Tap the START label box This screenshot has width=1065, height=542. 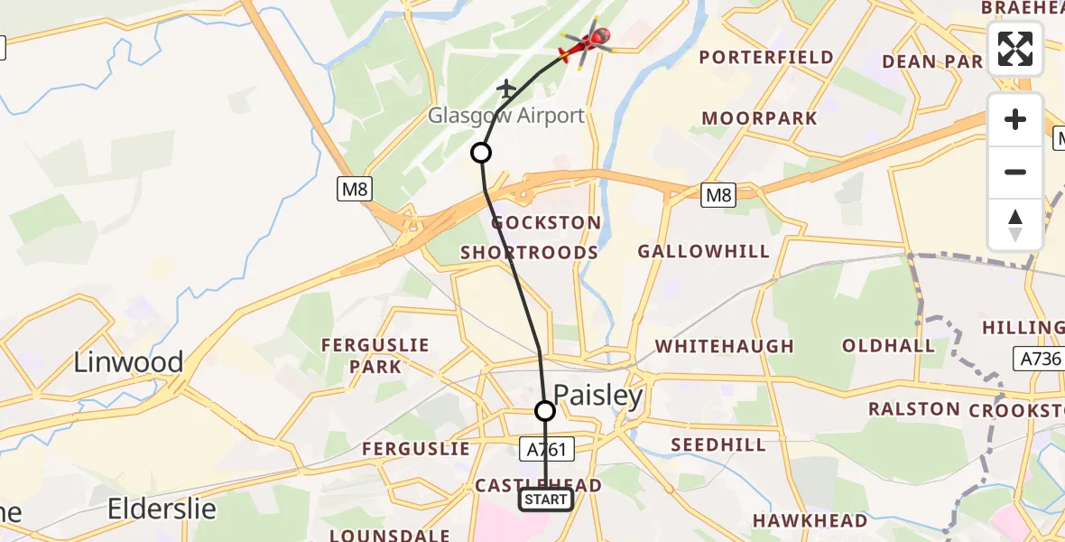(x=545, y=500)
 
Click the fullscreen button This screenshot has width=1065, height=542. (x=1015, y=49)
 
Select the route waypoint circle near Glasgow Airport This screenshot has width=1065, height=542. (x=481, y=153)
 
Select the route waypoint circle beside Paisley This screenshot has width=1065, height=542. (x=545, y=411)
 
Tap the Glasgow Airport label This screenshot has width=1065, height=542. (x=506, y=116)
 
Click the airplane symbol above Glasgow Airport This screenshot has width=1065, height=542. (x=506, y=89)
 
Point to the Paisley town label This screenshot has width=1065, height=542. (x=598, y=396)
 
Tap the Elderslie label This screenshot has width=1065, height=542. (x=162, y=509)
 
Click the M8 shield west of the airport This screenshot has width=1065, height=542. (x=356, y=189)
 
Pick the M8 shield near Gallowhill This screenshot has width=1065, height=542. (x=718, y=194)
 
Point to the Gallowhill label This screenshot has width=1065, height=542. (x=704, y=251)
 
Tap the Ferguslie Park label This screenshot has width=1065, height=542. (x=376, y=356)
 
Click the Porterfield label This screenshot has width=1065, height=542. (x=766, y=58)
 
